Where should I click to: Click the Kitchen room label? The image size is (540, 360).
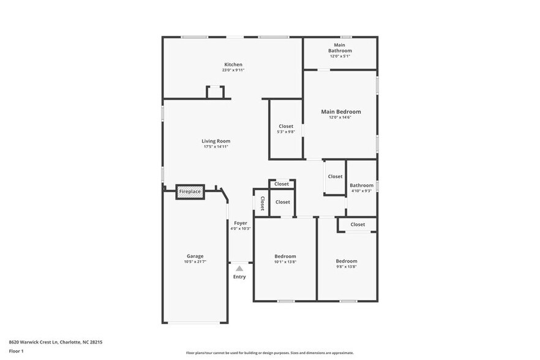[x=233, y=64]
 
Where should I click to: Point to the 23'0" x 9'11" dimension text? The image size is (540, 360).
[x=233, y=70]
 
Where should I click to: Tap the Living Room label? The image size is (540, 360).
[x=216, y=141]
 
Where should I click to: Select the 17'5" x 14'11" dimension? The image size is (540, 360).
[x=216, y=147]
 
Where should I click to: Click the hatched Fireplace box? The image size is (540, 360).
[x=190, y=192]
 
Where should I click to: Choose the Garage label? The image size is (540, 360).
[x=195, y=256]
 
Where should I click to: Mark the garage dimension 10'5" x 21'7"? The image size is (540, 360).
[x=195, y=262]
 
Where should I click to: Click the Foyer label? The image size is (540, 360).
[x=240, y=223]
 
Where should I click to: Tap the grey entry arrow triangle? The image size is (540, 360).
[x=239, y=268]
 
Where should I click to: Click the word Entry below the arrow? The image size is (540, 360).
[x=239, y=277]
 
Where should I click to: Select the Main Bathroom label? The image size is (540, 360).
[x=340, y=48]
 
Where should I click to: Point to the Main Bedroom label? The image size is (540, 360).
[x=341, y=111]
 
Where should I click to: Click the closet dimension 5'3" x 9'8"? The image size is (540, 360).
[x=286, y=132]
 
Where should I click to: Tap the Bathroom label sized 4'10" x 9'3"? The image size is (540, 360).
[x=361, y=186]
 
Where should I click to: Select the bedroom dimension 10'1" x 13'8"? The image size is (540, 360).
[x=285, y=262]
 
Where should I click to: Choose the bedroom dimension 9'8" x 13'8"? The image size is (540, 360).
[x=346, y=267]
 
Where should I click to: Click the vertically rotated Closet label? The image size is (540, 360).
[x=262, y=203]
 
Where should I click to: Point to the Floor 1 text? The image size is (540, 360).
[x=16, y=351]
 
